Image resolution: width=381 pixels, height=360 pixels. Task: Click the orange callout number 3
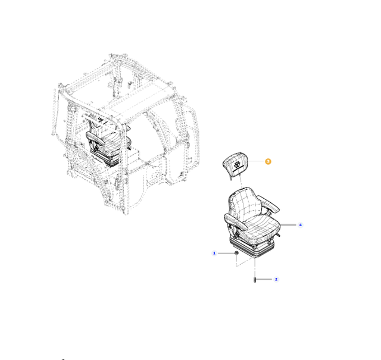click(x=268, y=161)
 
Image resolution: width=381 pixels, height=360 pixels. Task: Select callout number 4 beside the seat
click(x=300, y=225)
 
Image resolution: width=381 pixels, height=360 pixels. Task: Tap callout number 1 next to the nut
click(x=214, y=253)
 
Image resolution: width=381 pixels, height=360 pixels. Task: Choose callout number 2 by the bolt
click(x=276, y=279)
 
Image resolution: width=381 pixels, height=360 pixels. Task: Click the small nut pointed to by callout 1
click(x=236, y=253)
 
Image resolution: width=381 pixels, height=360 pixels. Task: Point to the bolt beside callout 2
click(x=255, y=280)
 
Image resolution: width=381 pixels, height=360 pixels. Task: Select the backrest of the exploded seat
click(x=243, y=202)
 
